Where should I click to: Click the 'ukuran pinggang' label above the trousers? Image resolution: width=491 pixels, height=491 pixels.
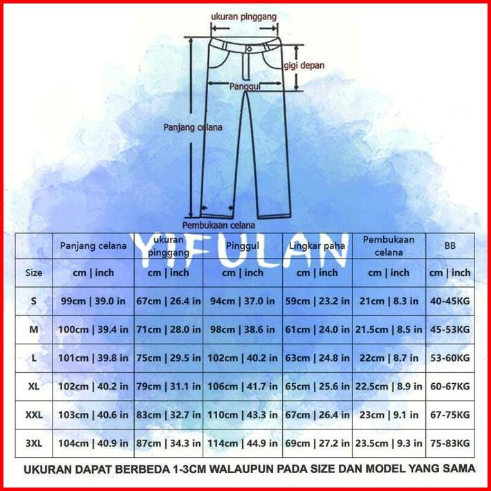[245, 15]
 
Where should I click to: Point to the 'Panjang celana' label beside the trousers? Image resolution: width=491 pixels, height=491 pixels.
[192, 127]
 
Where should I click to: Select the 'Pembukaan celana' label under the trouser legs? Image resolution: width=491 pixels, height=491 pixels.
[219, 225]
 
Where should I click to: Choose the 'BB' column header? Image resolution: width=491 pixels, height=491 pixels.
[450, 245]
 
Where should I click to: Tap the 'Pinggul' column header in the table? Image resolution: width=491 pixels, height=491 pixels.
[242, 245]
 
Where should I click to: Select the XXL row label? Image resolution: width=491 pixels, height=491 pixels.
[33, 415]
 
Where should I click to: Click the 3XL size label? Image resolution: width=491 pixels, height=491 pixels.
[33, 443]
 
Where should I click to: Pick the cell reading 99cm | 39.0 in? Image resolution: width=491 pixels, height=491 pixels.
[93, 301]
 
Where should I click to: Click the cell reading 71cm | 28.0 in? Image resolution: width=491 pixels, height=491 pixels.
[169, 330]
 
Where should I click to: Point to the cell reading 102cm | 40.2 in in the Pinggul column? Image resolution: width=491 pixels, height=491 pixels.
[243, 358]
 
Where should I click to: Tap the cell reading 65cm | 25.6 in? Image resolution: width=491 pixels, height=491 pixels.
[318, 387]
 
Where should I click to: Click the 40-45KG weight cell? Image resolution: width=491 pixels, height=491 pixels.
[450, 301]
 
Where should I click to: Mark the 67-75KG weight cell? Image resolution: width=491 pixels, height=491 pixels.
[450, 415]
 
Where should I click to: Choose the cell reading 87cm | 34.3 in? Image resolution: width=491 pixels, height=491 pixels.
[169, 443]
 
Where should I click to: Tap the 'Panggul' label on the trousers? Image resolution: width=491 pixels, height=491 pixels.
[244, 86]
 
